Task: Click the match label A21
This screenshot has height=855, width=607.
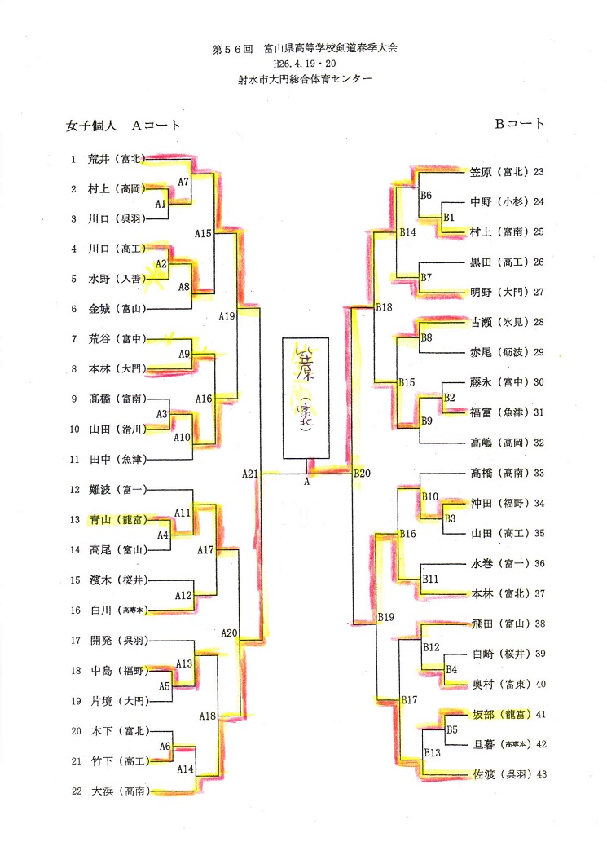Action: [x=250, y=473]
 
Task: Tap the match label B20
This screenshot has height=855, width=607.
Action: [x=363, y=474]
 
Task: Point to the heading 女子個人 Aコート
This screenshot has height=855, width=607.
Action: [x=123, y=126]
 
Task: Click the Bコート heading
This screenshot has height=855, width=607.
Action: [x=519, y=124]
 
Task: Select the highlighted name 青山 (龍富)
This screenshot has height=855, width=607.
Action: [x=117, y=519]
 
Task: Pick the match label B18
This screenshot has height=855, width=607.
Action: [x=384, y=307]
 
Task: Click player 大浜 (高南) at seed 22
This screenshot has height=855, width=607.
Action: [x=118, y=791]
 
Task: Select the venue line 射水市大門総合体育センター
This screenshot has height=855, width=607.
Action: [x=304, y=79]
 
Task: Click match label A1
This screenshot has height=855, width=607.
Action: [x=161, y=203]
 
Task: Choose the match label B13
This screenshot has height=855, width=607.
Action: [x=432, y=752]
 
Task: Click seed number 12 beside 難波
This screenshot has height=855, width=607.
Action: [x=73, y=490]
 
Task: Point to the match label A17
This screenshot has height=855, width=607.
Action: [x=205, y=550]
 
